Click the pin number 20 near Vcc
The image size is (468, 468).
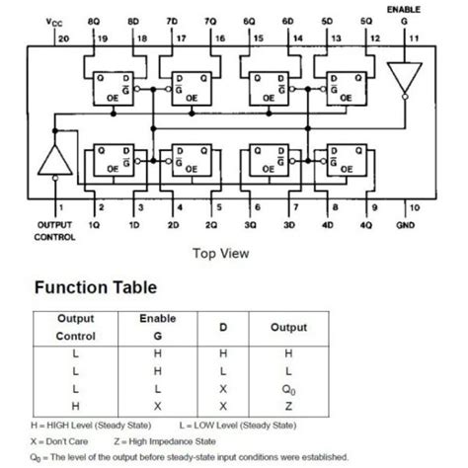click(x=65, y=39)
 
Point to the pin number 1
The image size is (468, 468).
click(x=60, y=207)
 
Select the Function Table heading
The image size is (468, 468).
click(x=95, y=289)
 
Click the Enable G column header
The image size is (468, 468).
click(x=157, y=327)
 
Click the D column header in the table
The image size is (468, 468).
click(x=222, y=327)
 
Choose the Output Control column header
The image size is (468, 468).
click(x=75, y=327)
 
